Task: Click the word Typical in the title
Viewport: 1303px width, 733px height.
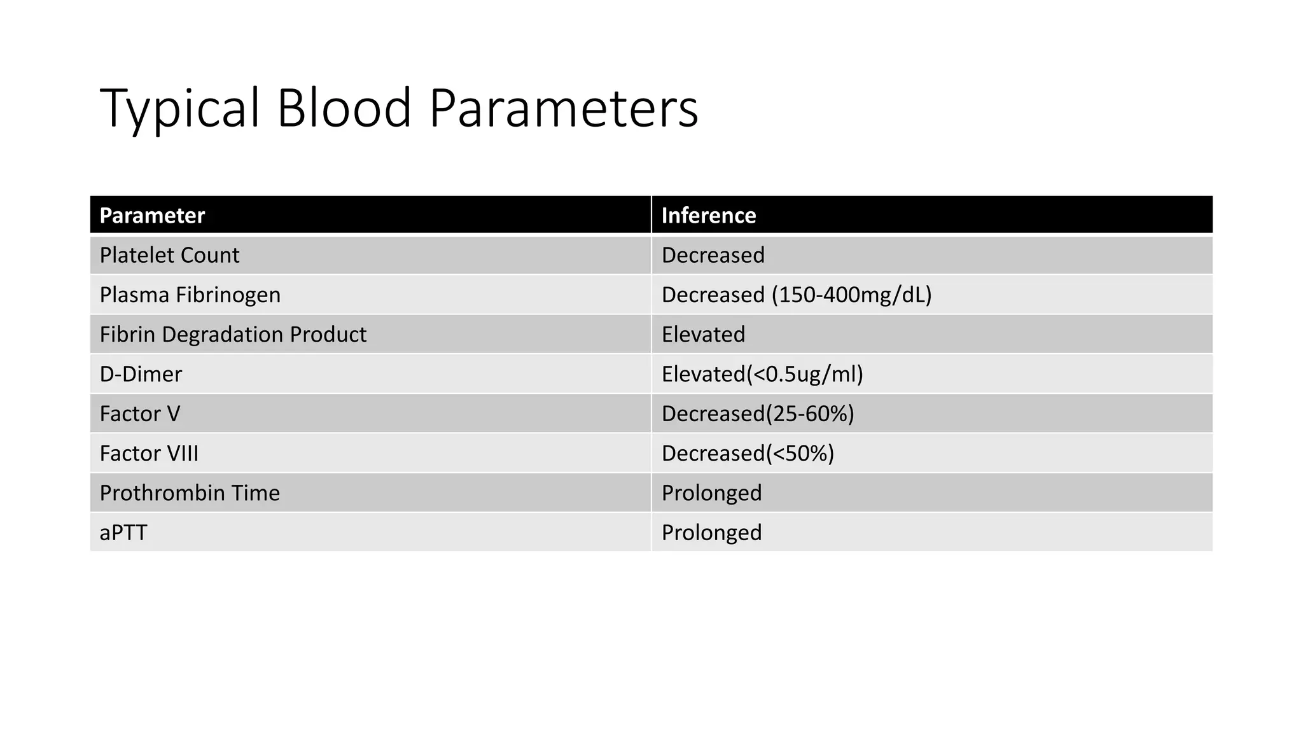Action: (180, 108)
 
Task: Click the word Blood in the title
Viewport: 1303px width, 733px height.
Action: (344, 108)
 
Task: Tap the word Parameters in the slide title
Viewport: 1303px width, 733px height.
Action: (564, 108)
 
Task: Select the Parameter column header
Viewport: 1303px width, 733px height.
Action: (152, 216)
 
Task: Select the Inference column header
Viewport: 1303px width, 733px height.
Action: (708, 216)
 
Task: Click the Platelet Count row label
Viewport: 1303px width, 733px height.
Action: (169, 255)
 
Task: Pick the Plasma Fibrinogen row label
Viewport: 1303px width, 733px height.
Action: (190, 295)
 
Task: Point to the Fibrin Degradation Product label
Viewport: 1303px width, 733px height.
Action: (233, 335)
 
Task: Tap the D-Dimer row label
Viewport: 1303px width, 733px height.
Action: (141, 374)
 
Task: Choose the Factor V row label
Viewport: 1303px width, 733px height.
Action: (140, 414)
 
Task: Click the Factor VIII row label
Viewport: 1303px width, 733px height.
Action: (149, 454)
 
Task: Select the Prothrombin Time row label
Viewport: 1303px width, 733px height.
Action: (190, 493)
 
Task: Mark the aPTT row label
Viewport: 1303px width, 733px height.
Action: (123, 533)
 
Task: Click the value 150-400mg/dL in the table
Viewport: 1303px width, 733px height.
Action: (851, 295)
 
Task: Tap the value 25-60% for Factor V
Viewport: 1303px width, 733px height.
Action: (809, 414)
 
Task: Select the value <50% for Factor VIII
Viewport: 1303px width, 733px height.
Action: (800, 454)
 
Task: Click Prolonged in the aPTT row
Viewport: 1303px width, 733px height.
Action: (711, 533)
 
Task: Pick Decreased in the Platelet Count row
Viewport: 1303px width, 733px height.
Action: (713, 255)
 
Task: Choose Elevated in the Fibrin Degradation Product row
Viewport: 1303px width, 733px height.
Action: (703, 335)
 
